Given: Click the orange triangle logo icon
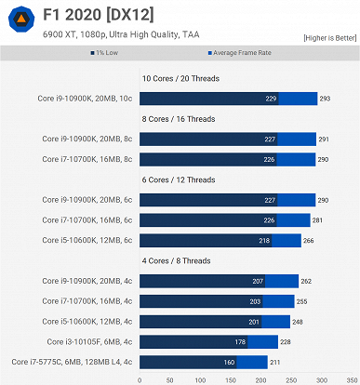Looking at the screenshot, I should pos(18,21).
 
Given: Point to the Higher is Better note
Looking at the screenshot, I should pos(328,38).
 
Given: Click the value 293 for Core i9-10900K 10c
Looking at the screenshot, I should pos(324,99).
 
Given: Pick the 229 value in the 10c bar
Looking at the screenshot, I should pos(271,99).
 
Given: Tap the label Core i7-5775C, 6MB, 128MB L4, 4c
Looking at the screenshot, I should pos(72,361).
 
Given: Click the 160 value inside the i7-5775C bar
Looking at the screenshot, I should pos(229,361).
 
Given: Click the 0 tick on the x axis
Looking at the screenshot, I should pos(140,378).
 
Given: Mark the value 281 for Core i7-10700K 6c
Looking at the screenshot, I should pos(317,219).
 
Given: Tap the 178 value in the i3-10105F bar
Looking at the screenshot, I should pos(240,340).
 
